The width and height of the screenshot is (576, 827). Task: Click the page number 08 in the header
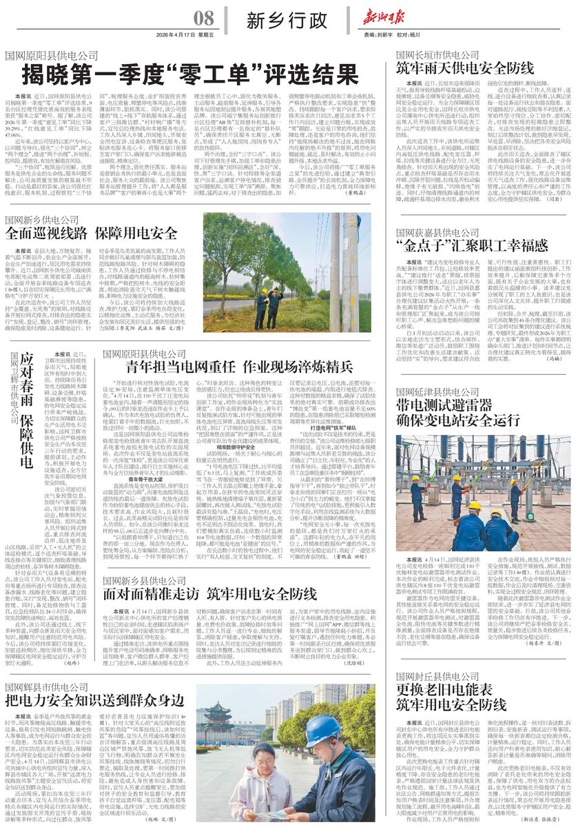pos(203,18)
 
